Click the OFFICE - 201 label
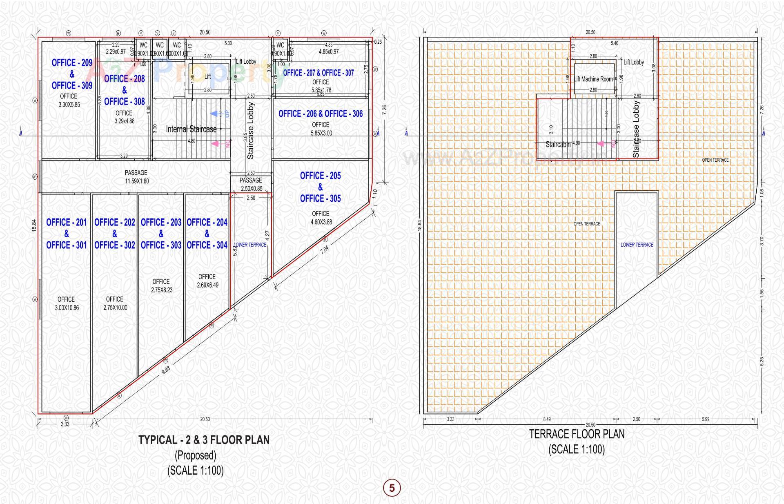pyautogui.click(x=66, y=222)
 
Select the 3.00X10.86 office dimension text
pyautogui.click(x=67, y=308)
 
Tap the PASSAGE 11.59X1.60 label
pyautogui.click(x=136, y=177)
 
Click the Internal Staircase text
pyautogui.click(x=191, y=129)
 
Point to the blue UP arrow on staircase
pyautogui.click(x=214, y=113)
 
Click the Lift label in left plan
pyautogui.click(x=207, y=76)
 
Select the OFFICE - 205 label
pyautogui.click(x=320, y=176)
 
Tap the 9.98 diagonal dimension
pyautogui.click(x=166, y=370)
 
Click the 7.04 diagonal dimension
pyautogui.click(x=325, y=250)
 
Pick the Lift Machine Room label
pyautogui.click(x=593, y=79)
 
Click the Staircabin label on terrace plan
pyautogui.click(x=558, y=145)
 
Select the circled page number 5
pyautogui.click(x=392, y=488)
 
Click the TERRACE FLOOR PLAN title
pyautogui.click(x=577, y=434)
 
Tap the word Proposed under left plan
pyautogui.click(x=196, y=455)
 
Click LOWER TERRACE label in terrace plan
pyautogui.click(x=637, y=245)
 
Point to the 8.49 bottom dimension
pyautogui.click(x=547, y=419)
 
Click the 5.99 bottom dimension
pyautogui.click(x=706, y=419)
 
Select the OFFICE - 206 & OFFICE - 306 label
pyautogui.click(x=321, y=114)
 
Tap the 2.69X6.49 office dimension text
pyautogui.click(x=207, y=285)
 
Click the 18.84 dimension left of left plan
pyautogui.click(x=34, y=225)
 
